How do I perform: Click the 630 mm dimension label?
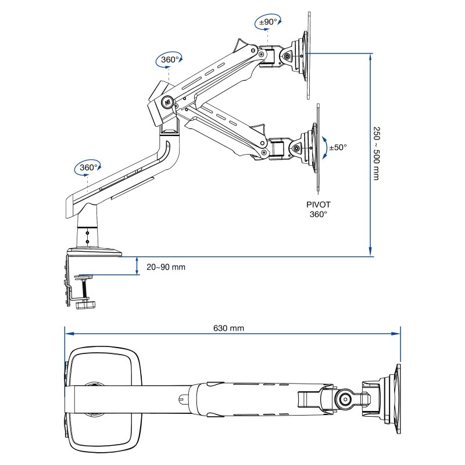click(229, 328)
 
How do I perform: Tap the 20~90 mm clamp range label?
click(166, 267)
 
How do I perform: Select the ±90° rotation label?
click(267, 22)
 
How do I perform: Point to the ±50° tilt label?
click(338, 147)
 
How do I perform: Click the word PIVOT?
click(318, 205)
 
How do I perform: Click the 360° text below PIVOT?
click(318, 214)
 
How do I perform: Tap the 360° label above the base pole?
click(88, 167)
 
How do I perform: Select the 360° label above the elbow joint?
click(169, 59)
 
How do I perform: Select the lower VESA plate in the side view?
click(318, 147)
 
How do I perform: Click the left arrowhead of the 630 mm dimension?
click(68, 334)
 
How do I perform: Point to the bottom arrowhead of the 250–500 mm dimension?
click(371, 251)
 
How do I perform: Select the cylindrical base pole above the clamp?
click(87, 233)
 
